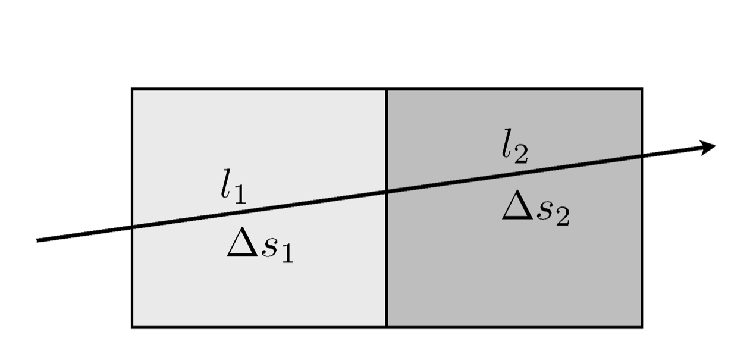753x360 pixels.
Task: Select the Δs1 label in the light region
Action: coord(260,246)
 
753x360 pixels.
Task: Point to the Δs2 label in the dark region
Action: coord(536,210)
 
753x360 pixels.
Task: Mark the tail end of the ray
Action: coord(38,240)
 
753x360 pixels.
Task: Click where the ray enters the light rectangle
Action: coord(132,227)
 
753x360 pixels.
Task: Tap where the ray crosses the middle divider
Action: coord(387,192)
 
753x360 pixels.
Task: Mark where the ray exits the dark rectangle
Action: coord(641,156)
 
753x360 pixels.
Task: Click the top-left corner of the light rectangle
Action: coord(132,89)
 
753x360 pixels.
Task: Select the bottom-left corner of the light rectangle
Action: coord(132,327)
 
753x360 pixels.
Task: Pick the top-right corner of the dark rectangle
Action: coord(641,89)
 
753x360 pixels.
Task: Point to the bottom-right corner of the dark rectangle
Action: coord(641,327)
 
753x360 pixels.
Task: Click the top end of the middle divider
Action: coord(387,89)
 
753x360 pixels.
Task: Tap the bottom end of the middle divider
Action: coord(387,327)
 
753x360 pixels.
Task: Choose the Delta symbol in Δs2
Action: coord(516,208)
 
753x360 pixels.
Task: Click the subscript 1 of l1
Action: coord(239,196)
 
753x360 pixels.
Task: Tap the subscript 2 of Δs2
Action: coord(562,217)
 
